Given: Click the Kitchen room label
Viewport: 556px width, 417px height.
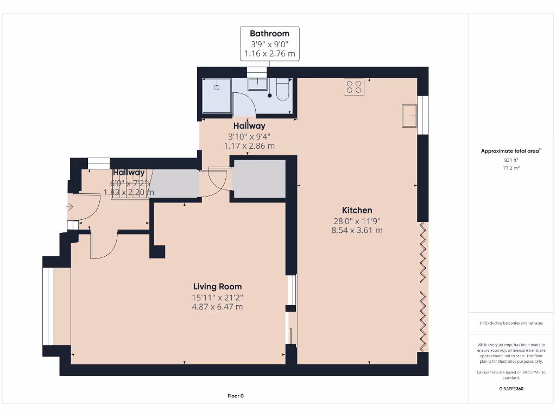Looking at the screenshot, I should coord(357,210).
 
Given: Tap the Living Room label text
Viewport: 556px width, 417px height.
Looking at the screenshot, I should coord(217,287).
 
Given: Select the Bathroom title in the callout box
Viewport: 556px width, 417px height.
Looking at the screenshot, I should coord(269,34).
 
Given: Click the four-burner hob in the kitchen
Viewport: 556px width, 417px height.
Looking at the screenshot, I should coord(353,87).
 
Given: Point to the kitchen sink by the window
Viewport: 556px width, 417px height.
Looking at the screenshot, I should coord(409,115).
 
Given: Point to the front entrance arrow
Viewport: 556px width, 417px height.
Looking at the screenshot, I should coord(69,207).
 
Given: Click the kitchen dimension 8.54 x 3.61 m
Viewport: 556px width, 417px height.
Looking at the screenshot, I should coord(357,230).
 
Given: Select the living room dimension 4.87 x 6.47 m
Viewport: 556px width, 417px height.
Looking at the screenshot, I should coord(217,307).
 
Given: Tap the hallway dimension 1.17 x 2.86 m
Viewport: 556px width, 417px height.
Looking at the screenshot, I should coord(249,146).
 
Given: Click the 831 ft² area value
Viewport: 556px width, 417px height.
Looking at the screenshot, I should coord(511,160).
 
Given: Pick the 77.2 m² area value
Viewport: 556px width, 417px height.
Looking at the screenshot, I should coord(511,168).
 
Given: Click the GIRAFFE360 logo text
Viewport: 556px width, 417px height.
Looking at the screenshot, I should coord(511,389).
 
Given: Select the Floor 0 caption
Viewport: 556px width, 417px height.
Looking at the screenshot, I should coord(236,396).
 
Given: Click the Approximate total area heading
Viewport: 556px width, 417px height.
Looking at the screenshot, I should coord(510,151).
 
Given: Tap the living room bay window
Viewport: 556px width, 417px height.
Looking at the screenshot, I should coord(48,307).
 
